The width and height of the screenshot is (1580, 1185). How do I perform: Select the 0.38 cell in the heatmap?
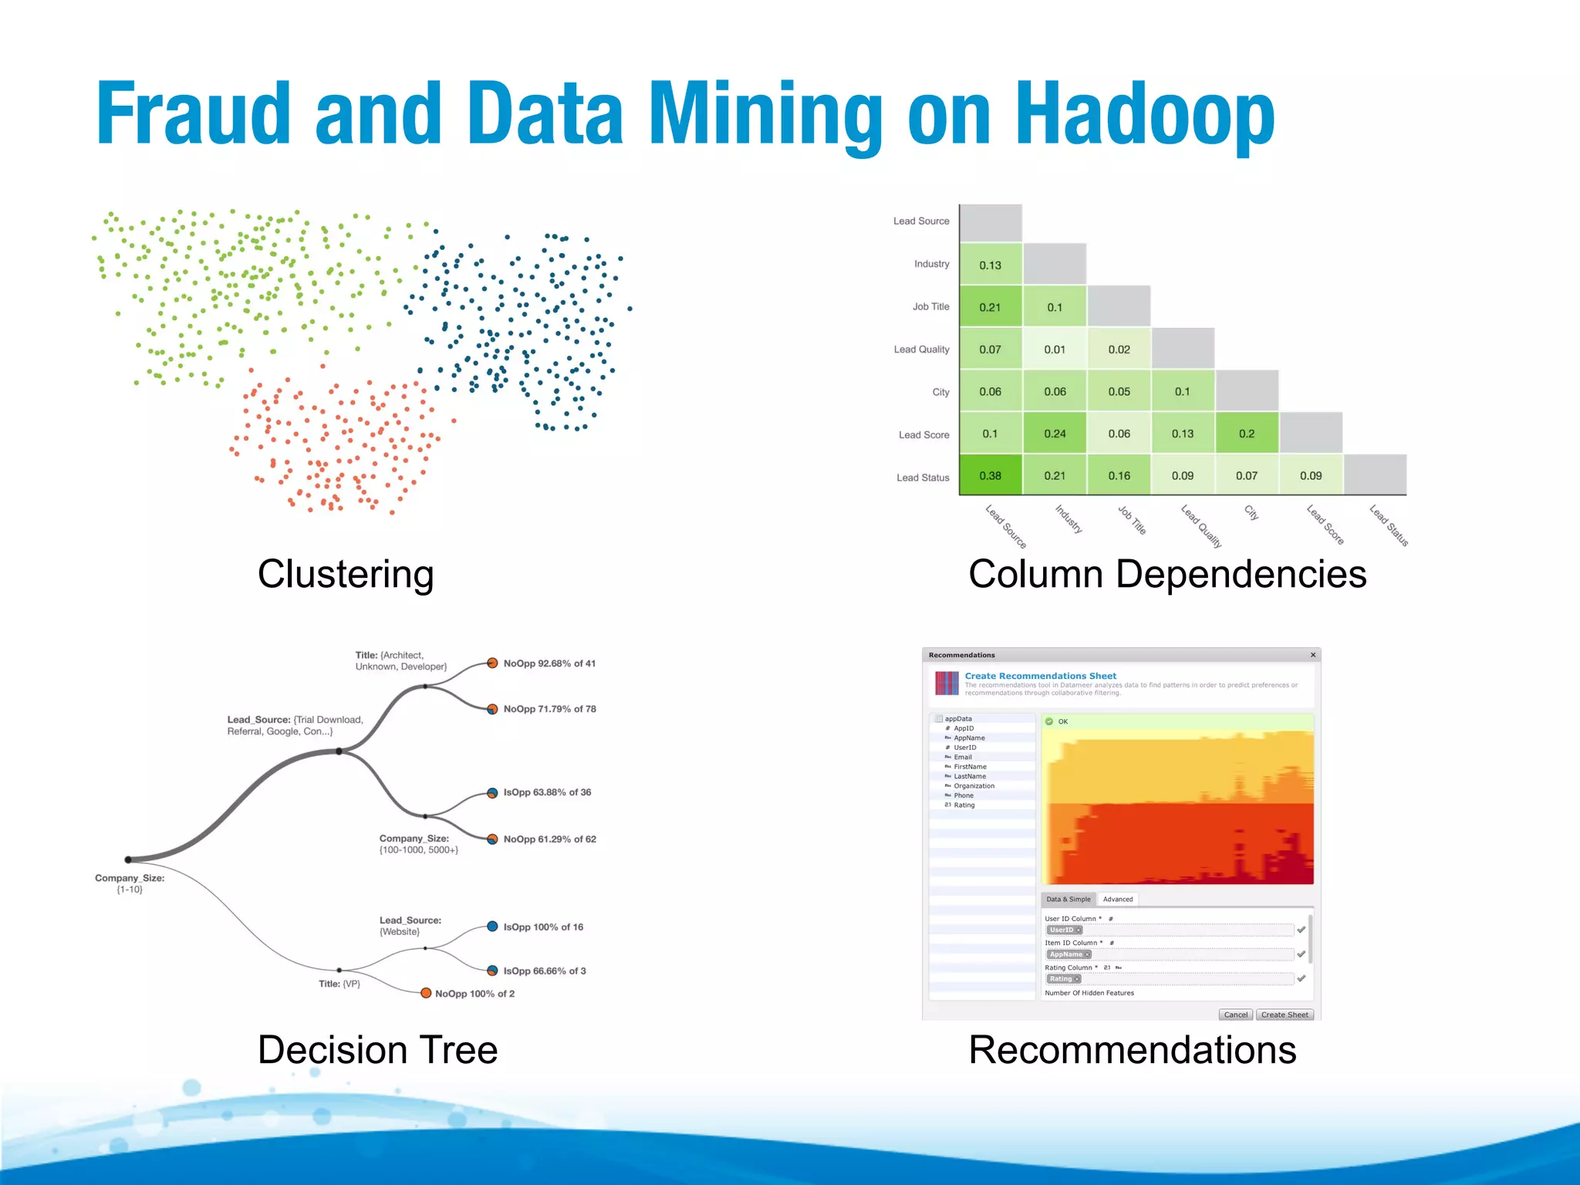(990, 475)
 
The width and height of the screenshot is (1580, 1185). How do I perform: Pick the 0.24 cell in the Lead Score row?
(1055, 434)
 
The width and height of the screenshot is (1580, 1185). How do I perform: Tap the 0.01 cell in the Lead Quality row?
(1055, 349)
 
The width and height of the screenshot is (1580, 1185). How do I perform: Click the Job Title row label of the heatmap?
(930, 306)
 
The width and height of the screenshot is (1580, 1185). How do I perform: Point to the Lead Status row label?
(923, 478)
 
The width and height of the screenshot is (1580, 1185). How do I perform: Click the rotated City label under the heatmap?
(1251, 512)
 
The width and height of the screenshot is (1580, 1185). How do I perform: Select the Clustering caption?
(346, 574)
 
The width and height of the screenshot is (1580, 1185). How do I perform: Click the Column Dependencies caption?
(1166, 574)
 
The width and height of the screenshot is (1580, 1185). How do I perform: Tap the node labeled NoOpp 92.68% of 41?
(492, 663)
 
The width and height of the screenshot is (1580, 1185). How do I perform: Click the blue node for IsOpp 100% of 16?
(492, 927)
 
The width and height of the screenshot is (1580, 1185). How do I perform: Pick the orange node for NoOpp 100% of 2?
(426, 993)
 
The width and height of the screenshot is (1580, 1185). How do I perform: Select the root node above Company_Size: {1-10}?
(129, 859)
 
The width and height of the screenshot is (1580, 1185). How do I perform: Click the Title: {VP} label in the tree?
(339, 984)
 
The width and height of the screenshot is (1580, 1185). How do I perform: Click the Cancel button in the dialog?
(1235, 1015)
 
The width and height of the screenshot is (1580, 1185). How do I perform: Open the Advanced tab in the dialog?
(1117, 899)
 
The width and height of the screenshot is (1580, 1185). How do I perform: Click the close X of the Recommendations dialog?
(1313, 655)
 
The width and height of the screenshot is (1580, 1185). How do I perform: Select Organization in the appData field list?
(974, 786)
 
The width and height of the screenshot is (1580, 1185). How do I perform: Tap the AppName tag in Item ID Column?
(1069, 954)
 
